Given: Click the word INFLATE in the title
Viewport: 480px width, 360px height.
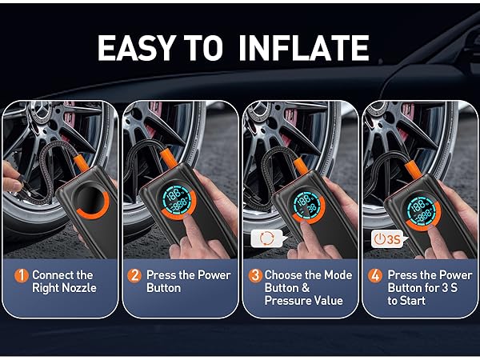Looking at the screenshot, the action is pyautogui.click(x=304, y=48).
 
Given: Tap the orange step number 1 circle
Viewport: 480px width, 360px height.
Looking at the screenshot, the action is pyautogui.click(x=22, y=275).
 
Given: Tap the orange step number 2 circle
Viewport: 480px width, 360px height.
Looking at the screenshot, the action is pyautogui.click(x=134, y=275).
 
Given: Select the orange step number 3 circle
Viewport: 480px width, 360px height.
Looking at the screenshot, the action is pyautogui.click(x=255, y=275).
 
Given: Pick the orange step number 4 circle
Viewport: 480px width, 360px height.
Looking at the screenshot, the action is pyautogui.click(x=375, y=275).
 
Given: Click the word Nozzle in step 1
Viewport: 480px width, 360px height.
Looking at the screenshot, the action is pyautogui.click(x=79, y=288).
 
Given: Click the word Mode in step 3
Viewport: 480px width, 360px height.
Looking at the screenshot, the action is pyautogui.click(x=338, y=275).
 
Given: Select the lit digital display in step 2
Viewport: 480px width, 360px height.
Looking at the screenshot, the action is pyautogui.click(x=176, y=199).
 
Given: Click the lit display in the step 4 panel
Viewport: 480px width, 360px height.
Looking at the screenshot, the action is pyautogui.click(x=422, y=209).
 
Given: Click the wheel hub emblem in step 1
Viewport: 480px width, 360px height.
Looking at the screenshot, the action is pyautogui.click(x=41, y=111).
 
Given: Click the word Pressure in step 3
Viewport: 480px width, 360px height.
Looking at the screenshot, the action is pyautogui.click(x=287, y=301).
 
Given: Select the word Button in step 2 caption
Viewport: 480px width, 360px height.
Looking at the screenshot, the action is pyautogui.click(x=163, y=288).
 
